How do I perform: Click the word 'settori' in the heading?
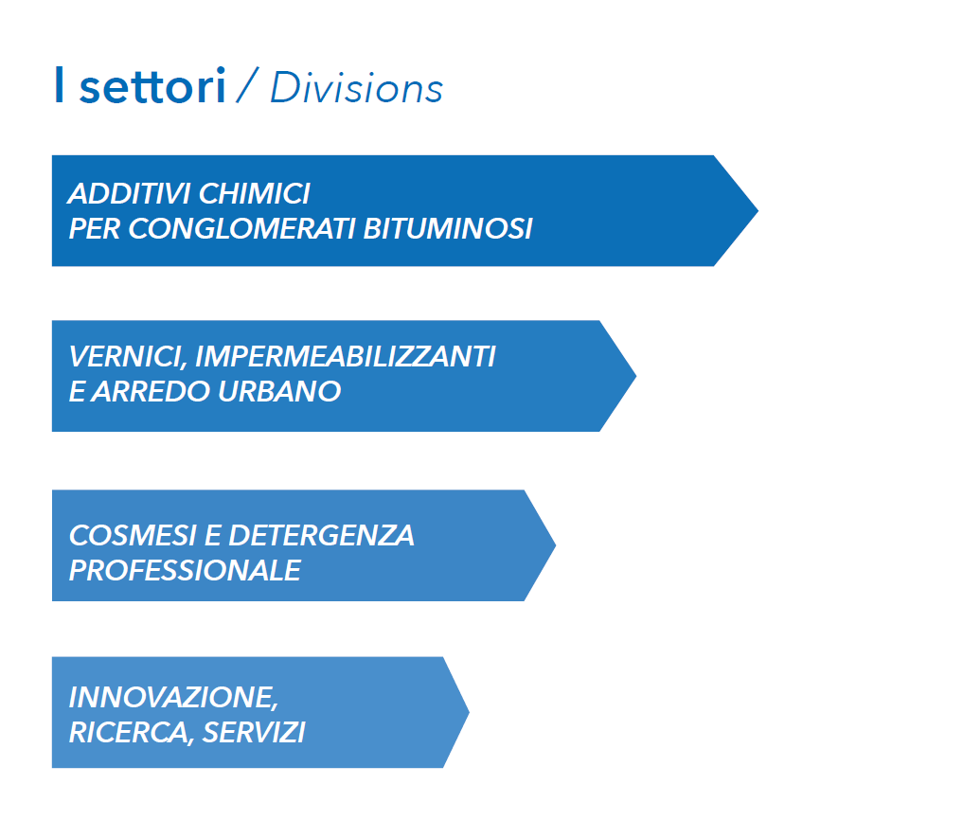(x=153, y=86)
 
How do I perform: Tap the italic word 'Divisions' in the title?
(x=356, y=87)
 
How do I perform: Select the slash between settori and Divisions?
(x=247, y=85)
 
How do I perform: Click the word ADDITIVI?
(x=130, y=193)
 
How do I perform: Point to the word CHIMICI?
(x=255, y=193)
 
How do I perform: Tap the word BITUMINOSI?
(x=448, y=228)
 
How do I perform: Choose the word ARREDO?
(x=152, y=392)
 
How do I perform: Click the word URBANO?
(x=279, y=392)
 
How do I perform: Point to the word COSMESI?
(x=133, y=536)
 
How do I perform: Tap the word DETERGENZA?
(x=322, y=536)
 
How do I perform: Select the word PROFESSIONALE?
(x=185, y=571)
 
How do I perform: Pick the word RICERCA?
(x=131, y=733)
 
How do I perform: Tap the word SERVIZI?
(x=254, y=732)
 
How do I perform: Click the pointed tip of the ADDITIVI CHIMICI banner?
(x=758, y=211)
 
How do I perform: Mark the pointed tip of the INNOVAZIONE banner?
(x=470, y=712)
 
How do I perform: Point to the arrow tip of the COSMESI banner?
(x=556, y=544)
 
